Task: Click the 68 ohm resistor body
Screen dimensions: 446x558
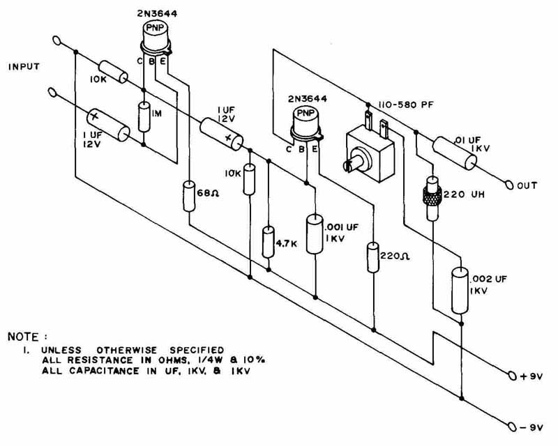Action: [x=188, y=195]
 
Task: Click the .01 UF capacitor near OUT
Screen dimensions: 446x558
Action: [x=455, y=153]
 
